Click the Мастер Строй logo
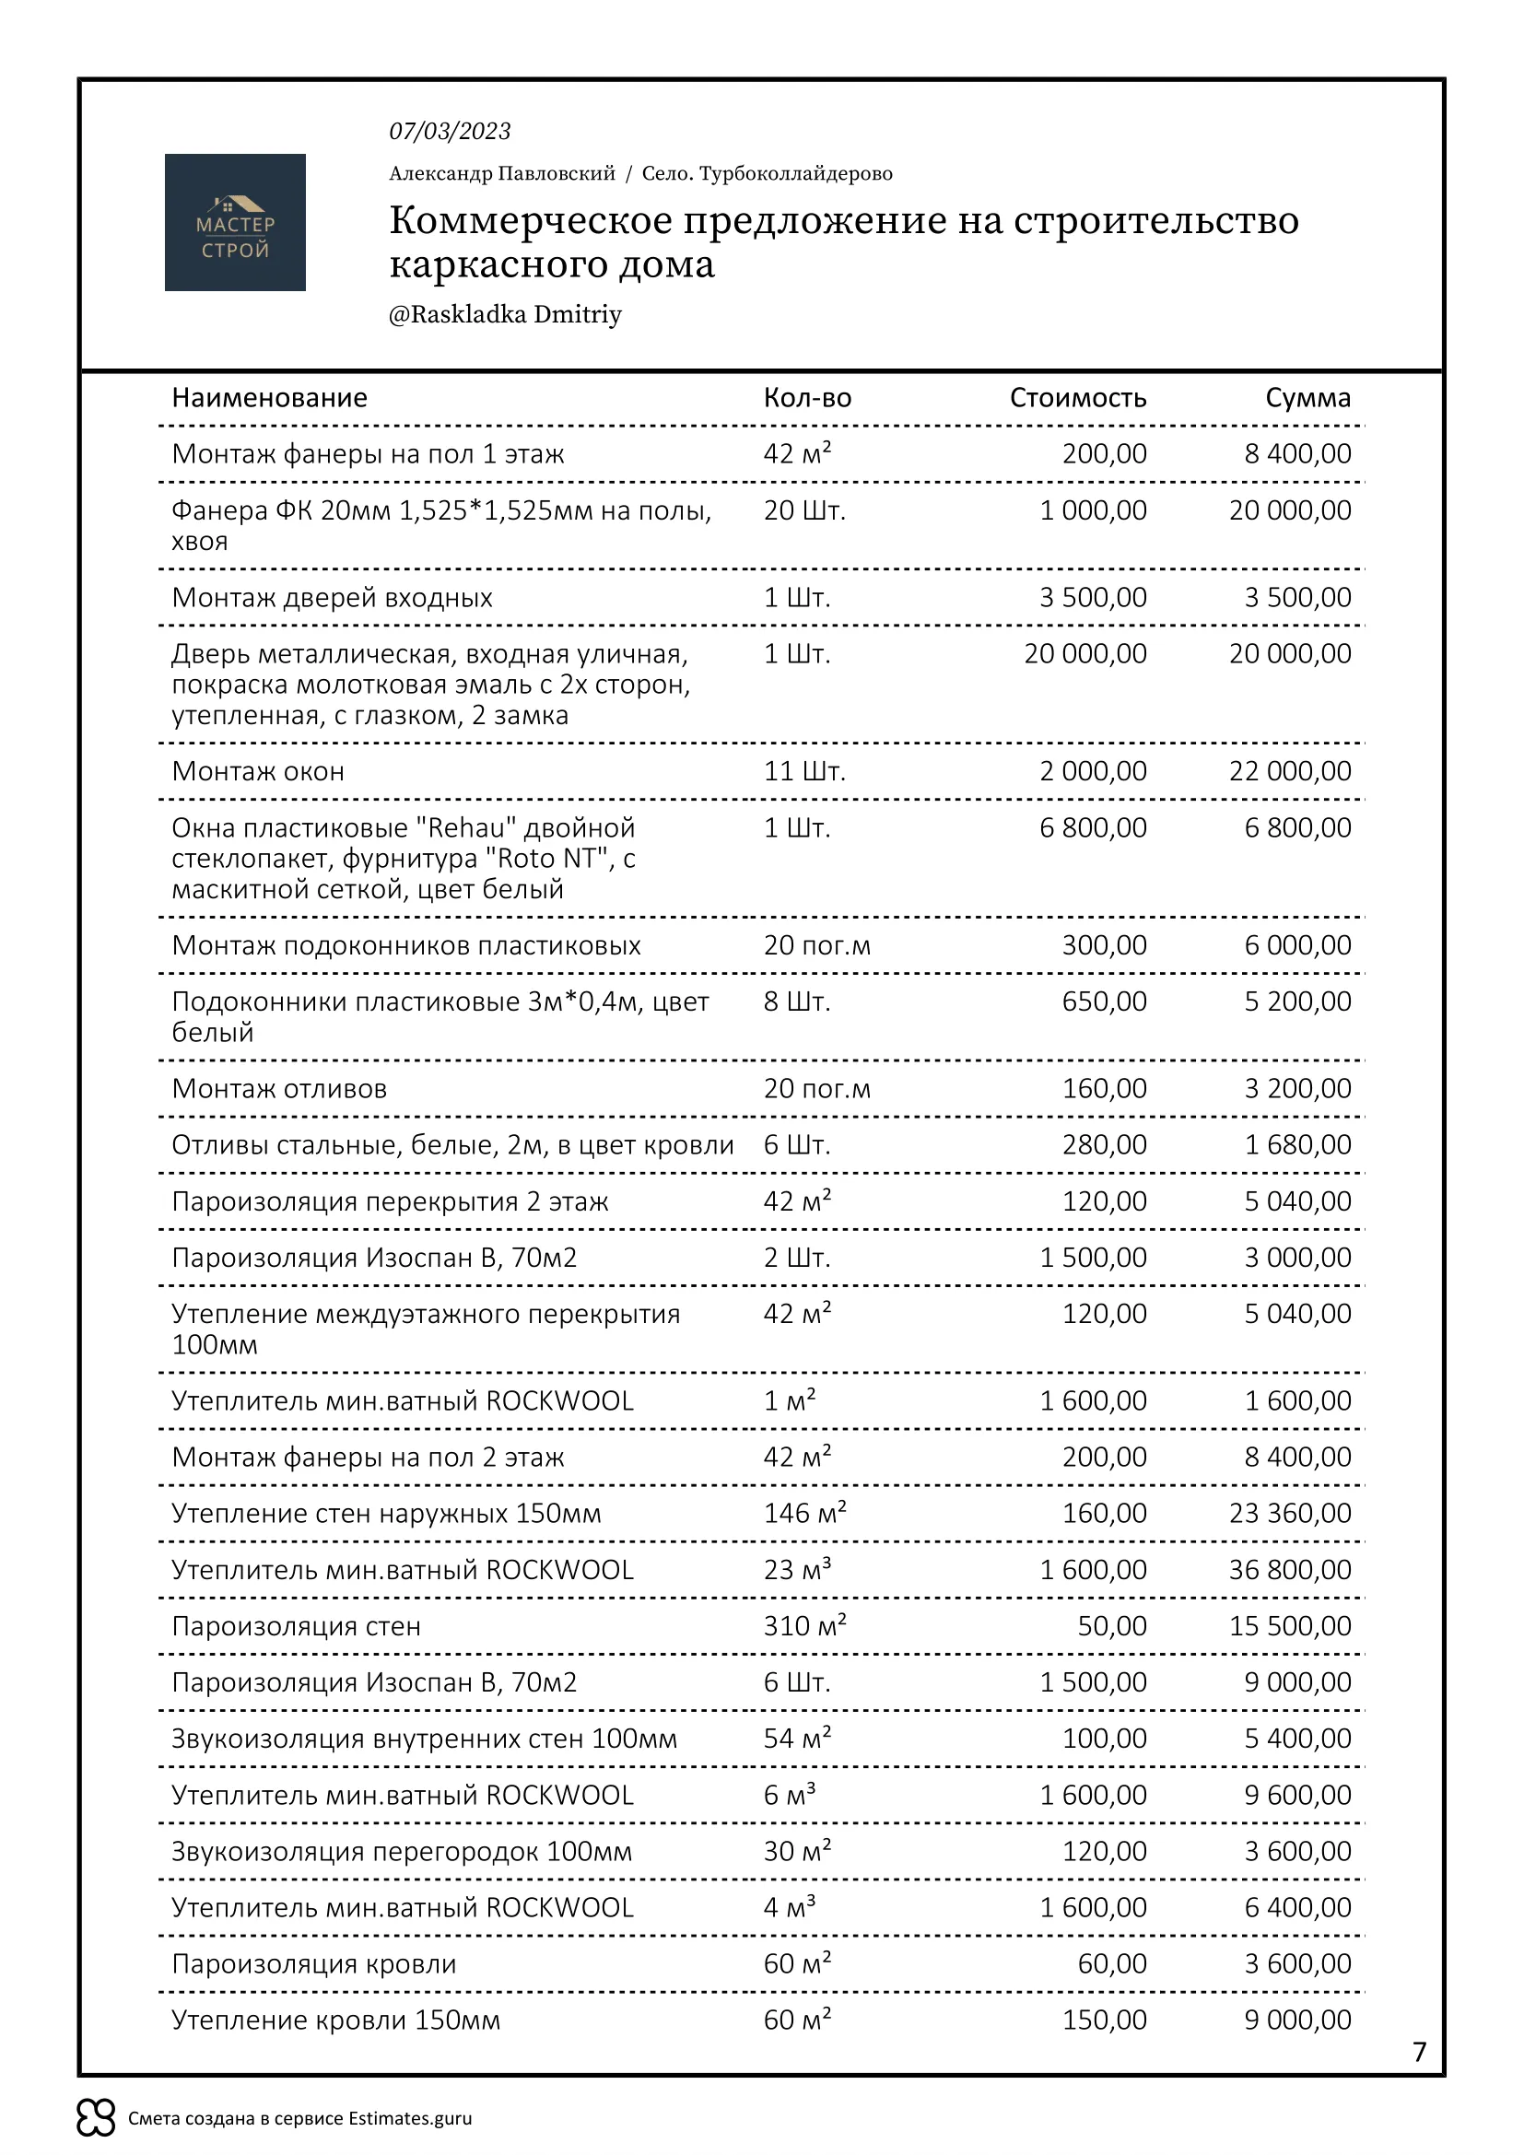click(x=235, y=222)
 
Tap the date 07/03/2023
click(x=450, y=132)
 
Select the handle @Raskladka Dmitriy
click(x=505, y=314)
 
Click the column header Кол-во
click(x=807, y=398)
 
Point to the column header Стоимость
click(x=1077, y=398)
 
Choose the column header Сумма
click(x=1307, y=398)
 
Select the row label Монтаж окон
click(x=258, y=771)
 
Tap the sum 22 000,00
click(x=1289, y=771)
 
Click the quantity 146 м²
click(x=804, y=1513)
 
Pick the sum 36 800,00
click(x=1289, y=1569)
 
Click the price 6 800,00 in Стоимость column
click(x=1093, y=828)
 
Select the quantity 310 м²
click(x=804, y=1625)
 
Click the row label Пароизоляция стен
click(x=296, y=1626)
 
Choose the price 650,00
click(x=1104, y=1001)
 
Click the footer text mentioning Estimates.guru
click(x=299, y=2118)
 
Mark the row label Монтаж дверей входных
click(x=332, y=598)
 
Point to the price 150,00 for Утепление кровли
click(x=1104, y=2020)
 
